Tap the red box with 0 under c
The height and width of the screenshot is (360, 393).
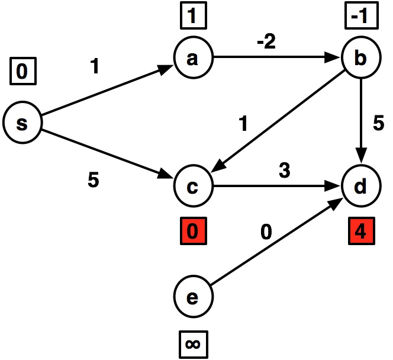(192, 230)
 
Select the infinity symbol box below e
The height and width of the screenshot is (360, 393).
(192, 343)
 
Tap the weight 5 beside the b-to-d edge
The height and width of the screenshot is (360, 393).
(379, 124)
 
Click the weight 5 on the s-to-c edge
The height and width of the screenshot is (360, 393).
(93, 179)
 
